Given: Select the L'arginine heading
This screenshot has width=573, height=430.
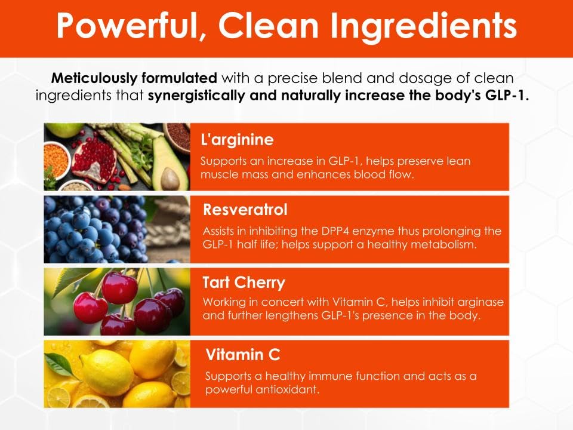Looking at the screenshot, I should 237,140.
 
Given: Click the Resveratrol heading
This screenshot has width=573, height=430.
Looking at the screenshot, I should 245,210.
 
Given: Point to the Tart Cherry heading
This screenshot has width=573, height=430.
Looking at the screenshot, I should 243,282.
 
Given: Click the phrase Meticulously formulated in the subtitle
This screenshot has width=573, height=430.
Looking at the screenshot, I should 134,78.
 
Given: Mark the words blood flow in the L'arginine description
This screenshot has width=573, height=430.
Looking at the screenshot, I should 383,176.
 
